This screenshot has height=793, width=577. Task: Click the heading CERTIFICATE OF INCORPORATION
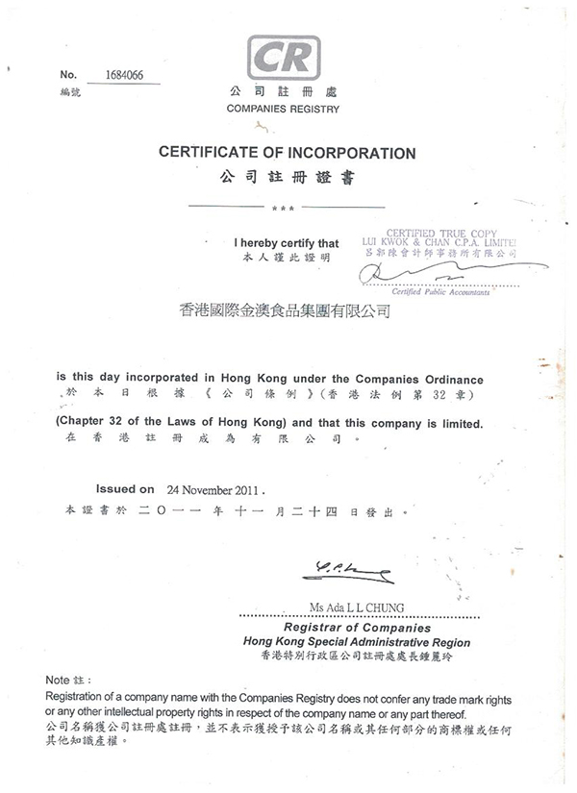287,153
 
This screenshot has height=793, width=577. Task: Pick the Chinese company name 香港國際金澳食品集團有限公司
286,310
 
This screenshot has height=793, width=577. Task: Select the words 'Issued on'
125,487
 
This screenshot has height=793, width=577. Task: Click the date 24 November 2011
210,488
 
